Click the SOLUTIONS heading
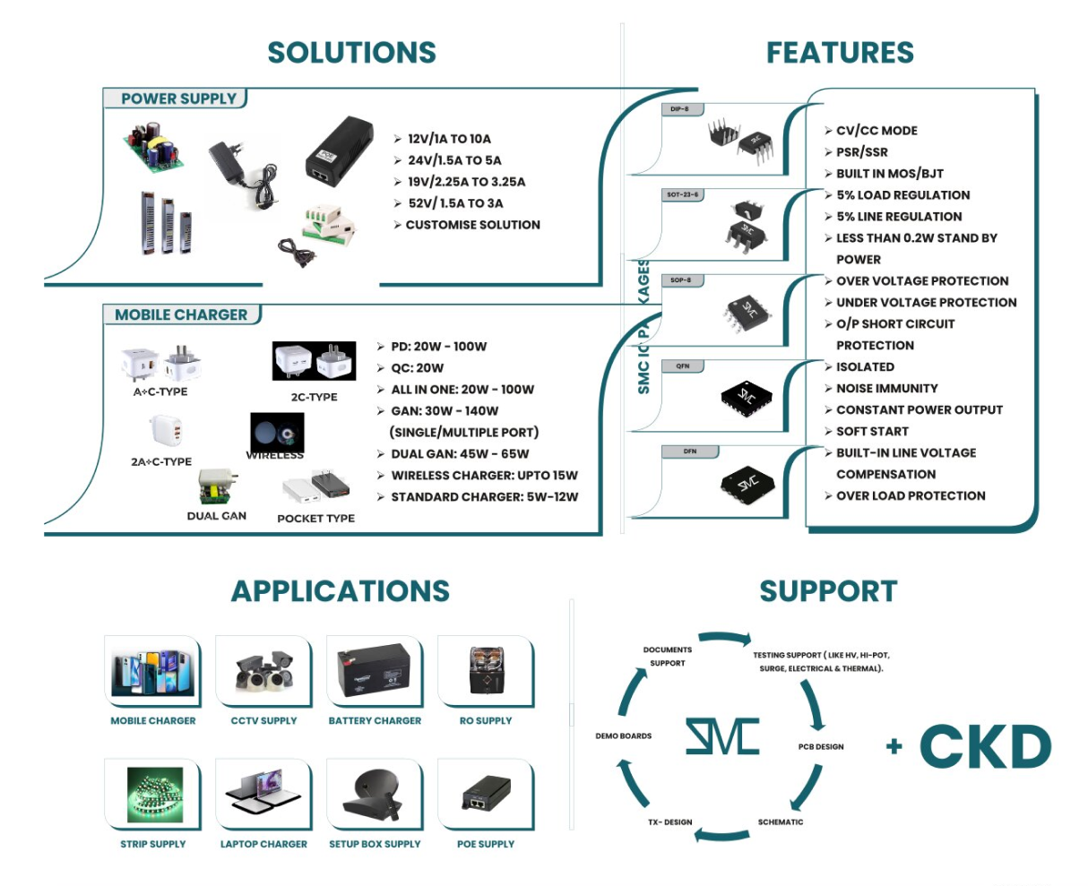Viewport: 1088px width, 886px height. [x=351, y=53]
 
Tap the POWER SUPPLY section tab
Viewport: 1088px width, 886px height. [x=178, y=99]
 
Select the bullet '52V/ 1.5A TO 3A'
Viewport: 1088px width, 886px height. [x=455, y=203]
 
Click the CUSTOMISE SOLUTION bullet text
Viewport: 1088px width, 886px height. [x=472, y=225]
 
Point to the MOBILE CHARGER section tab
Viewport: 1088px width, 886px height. [x=181, y=314]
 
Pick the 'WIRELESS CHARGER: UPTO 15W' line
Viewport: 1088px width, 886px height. [x=484, y=476]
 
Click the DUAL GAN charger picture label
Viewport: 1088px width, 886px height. [x=216, y=516]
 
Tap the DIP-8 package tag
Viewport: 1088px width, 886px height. [x=679, y=109]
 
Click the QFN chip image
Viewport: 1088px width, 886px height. [x=747, y=397]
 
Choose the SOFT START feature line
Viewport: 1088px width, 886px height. [x=872, y=432]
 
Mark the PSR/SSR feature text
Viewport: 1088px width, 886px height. [x=861, y=152]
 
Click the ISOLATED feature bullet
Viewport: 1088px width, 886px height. [x=865, y=367]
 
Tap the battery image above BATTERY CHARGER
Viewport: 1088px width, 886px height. [x=374, y=670]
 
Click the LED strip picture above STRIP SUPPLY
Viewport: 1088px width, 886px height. [x=153, y=793]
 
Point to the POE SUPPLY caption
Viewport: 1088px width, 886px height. [x=486, y=844]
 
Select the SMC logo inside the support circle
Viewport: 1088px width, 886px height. [x=722, y=735]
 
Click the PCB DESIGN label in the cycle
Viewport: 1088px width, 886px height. [x=821, y=747]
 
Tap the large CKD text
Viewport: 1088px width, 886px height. [x=985, y=746]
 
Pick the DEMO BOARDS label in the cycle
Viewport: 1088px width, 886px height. [x=624, y=736]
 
